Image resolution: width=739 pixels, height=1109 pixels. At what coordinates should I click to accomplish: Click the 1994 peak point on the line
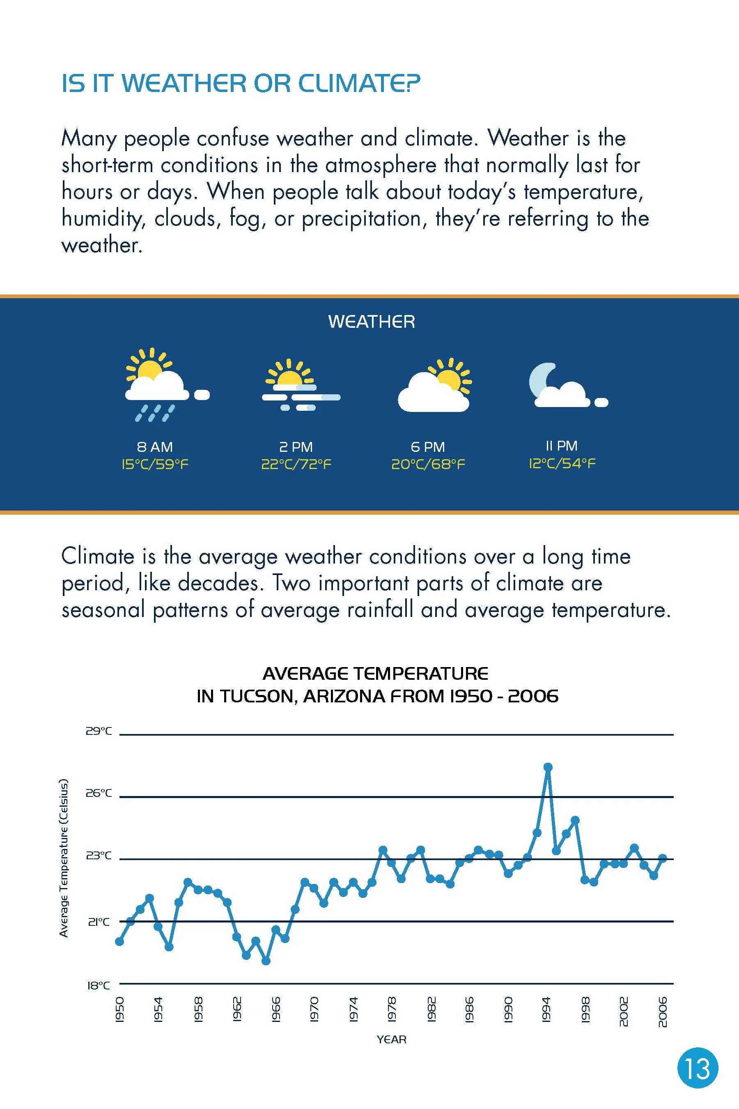coord(547,767)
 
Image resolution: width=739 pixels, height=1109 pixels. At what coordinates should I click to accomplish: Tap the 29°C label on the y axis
coord(99,731)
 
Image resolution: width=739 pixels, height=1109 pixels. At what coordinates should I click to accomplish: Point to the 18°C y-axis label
coord(99,985)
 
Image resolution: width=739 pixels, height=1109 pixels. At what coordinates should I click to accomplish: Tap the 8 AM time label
coord(155,446)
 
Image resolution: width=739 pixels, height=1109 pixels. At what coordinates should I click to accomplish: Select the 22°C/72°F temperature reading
coord(296,465)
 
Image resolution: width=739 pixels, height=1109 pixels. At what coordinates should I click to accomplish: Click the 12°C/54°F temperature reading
coord(561,463)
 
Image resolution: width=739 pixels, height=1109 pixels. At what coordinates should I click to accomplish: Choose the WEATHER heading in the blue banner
coord(372,322)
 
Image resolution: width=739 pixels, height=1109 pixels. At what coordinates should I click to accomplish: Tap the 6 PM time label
coord(427,446)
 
